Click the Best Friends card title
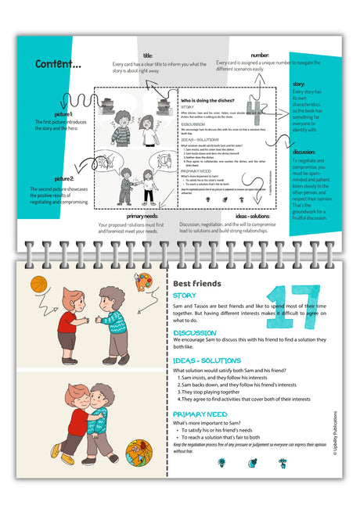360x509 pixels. point(197,283)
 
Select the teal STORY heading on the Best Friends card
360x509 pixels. point(185,296)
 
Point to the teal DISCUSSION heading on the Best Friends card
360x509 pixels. point(195,332)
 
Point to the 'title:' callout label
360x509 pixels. point(148,56)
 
